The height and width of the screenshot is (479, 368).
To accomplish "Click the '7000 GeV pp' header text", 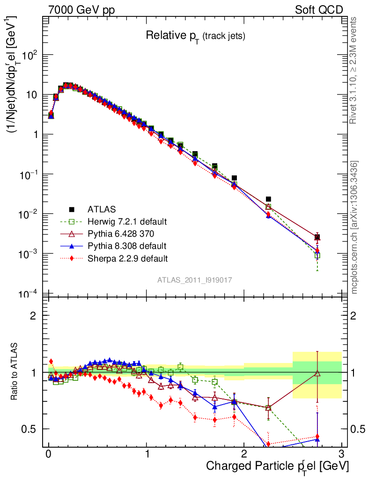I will click(x=84, y=10).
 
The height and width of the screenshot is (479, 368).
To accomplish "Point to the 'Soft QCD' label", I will click(x=318, y=10).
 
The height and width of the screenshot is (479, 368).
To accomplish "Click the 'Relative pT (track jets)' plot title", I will click(x=195, y=36).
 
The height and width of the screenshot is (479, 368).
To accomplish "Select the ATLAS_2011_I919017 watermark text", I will click(x=195, y=280).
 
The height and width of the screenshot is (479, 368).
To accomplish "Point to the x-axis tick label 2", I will click(x=244, y=454).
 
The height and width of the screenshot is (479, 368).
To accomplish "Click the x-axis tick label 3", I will click(x=342, y=454).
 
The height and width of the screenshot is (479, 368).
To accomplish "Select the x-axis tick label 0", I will click(x=49, y=454).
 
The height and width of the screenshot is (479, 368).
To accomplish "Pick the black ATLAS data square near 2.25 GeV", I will click(x=268, y=199).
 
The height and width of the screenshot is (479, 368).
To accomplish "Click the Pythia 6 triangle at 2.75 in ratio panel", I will click(x=317, y=373).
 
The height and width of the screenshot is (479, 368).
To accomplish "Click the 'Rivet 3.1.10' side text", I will click(x=354, y=70).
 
